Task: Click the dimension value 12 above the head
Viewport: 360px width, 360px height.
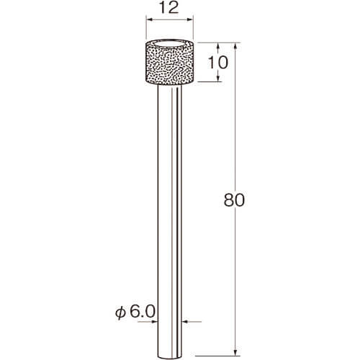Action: tap(169, 8)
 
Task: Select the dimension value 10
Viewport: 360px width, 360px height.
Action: tap(217, 63)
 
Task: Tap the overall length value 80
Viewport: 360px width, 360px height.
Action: tap(234, 200)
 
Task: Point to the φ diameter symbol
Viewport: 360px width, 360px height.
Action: tap(122, 312)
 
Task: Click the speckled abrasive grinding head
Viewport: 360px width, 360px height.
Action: tap(170, 63)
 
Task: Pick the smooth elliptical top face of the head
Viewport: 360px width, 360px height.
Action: tap(170, 45)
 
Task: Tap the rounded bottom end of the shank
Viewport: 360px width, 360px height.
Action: tap(170, 356)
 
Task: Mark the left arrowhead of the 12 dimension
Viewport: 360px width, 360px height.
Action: tap(149, 19)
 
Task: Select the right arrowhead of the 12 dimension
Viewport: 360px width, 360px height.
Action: tap(190, 19)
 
